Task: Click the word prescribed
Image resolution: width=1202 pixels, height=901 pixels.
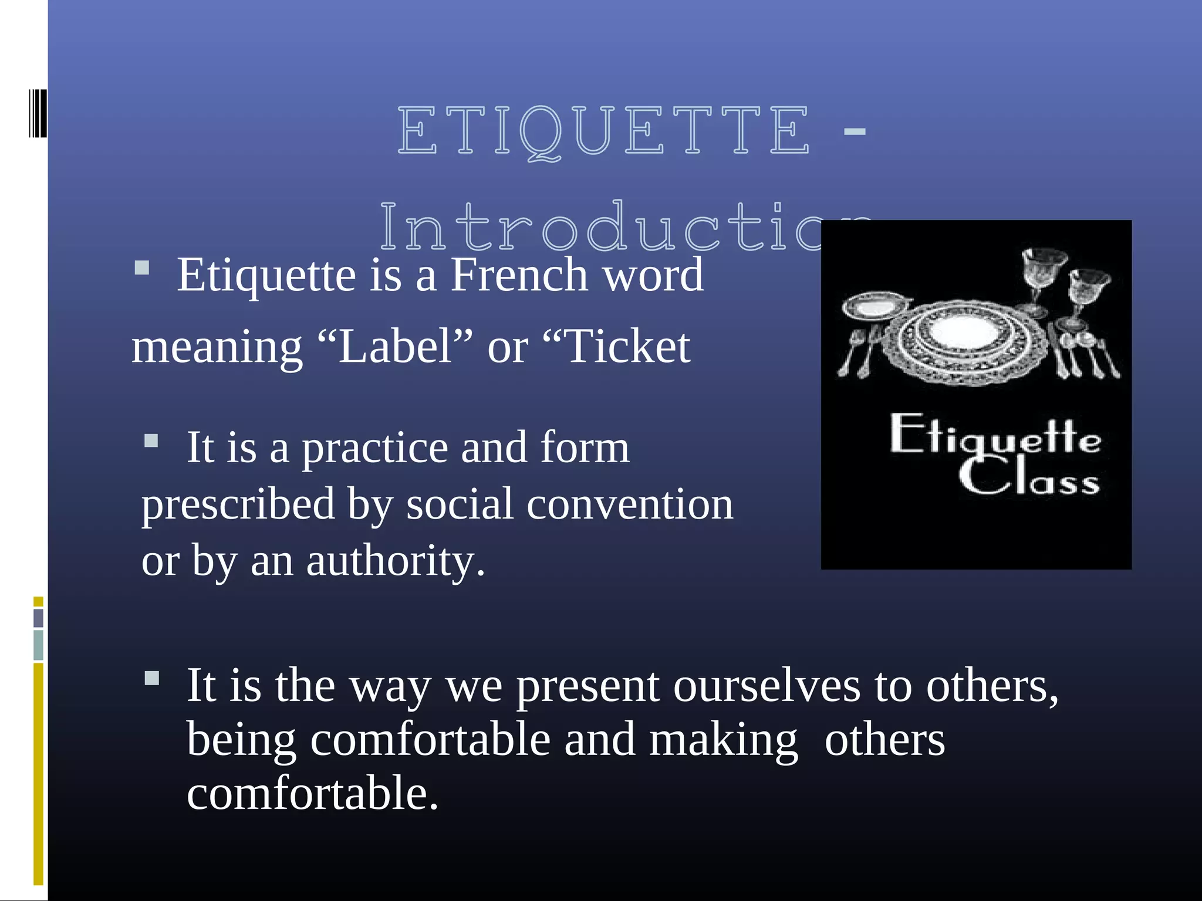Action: coord(238,504)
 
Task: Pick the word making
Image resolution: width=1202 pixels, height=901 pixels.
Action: coord(723,740)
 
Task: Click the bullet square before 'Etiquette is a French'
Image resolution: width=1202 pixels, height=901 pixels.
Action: coord(142,269)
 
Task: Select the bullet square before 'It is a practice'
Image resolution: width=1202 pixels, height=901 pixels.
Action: coord(151,441)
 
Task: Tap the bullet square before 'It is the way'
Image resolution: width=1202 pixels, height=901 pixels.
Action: coord(151,679)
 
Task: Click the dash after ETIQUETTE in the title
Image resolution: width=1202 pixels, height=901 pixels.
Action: coord(855,132)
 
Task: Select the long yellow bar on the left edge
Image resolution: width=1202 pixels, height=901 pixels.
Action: coord(39,773)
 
